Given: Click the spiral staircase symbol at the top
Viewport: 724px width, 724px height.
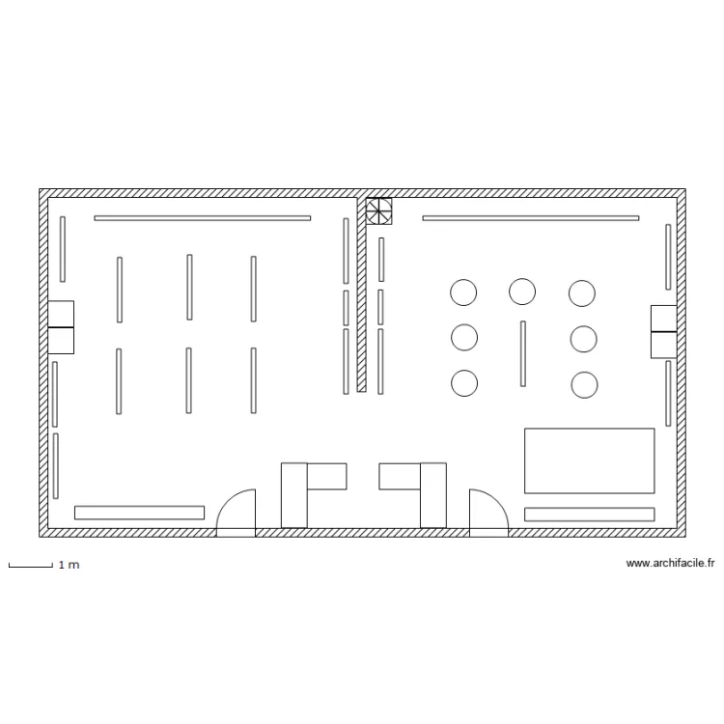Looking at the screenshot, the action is [x=378, y=211].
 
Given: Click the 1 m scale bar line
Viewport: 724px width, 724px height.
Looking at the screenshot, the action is [x=31, y=566].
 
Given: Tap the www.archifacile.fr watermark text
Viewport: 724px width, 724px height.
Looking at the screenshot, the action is [x=670, y=563].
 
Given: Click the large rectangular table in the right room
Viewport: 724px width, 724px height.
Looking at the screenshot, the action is [x=589, y=460].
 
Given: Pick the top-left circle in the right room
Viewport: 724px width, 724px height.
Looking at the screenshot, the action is [x=463, y=292].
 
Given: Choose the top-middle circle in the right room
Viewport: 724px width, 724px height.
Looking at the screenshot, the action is [x=522, y=292].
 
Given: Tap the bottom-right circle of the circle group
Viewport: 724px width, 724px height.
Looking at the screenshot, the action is [x=584, y=384].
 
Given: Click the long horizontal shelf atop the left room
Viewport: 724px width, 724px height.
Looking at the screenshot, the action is [x=203, y=218].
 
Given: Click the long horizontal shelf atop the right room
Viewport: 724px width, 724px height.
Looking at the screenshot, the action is [x=531, y=218].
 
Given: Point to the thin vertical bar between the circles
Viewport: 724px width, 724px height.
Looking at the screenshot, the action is [x=522, y=353].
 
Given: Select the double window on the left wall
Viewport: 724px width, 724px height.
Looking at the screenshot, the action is [x=61, y=327].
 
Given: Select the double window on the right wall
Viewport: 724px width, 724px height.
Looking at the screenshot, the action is [x=663, y=331].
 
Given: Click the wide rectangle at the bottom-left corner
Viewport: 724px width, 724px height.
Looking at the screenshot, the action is [x=139, y=513].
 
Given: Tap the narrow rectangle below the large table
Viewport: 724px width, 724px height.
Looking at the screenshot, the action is [x=589, y=515].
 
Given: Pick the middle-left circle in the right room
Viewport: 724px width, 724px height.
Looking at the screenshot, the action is [x=464, y=337].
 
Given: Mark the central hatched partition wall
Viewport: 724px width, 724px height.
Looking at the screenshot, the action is [x=362, y=294].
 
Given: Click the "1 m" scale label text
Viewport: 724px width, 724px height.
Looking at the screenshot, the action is [x=69, y=565].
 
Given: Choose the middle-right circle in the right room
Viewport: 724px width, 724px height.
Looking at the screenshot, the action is [x=584, y=339].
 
